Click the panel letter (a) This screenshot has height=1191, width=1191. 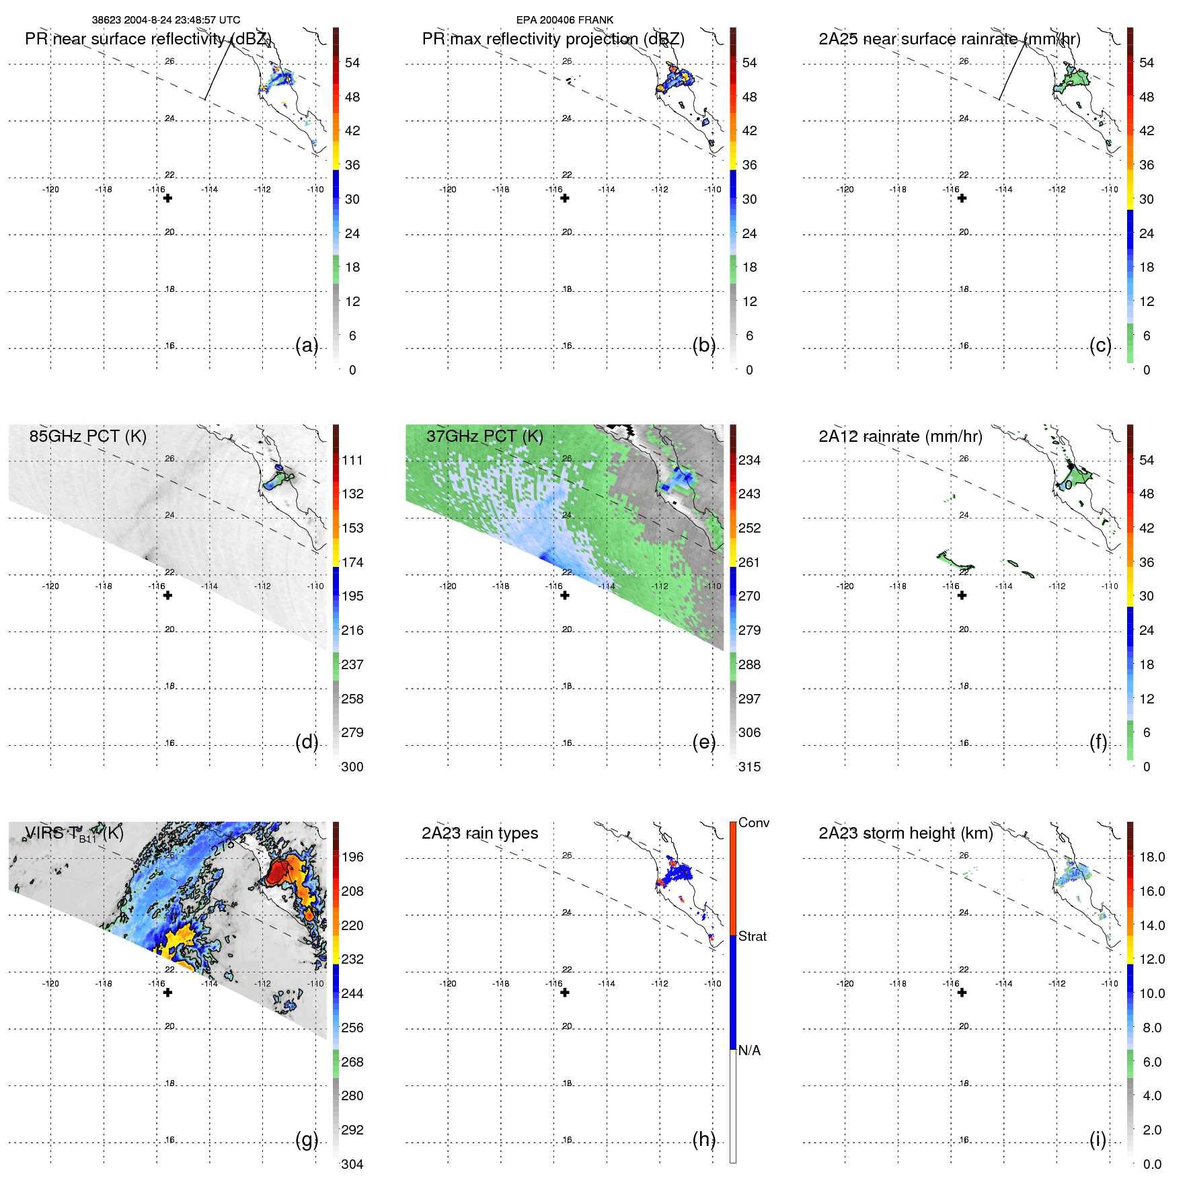tap(306, 346)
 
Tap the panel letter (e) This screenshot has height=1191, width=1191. tap(703, 742)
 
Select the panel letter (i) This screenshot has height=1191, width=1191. tap(1098, 1139)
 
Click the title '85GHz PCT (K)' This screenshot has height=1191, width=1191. tap(87, 436)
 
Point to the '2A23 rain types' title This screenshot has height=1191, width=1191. tap(479, 833)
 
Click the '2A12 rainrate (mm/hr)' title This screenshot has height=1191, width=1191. tap(900, 436)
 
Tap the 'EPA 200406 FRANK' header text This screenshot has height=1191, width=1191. tap(564, 20)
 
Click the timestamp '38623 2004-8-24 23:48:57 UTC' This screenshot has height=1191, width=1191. tap(166, 20)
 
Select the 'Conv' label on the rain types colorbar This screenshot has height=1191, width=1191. tap(753, 822)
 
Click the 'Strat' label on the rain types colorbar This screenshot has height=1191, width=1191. tap(752, 936)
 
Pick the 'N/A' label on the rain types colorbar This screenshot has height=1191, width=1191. tap(749, 1050)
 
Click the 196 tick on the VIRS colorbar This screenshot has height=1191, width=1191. tap(352, 857)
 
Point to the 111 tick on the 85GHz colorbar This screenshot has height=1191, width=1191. tap(352, 460)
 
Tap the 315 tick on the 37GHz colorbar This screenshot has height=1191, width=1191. tap(749, 767)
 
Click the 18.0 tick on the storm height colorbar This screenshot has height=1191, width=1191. tap(1151, 857)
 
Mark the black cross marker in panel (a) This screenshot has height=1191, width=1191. tap(167, 198)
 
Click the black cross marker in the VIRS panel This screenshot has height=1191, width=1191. tap(167, 993)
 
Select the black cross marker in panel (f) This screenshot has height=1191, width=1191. tap(962, 595)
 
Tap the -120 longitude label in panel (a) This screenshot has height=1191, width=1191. tap(50, 190)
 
